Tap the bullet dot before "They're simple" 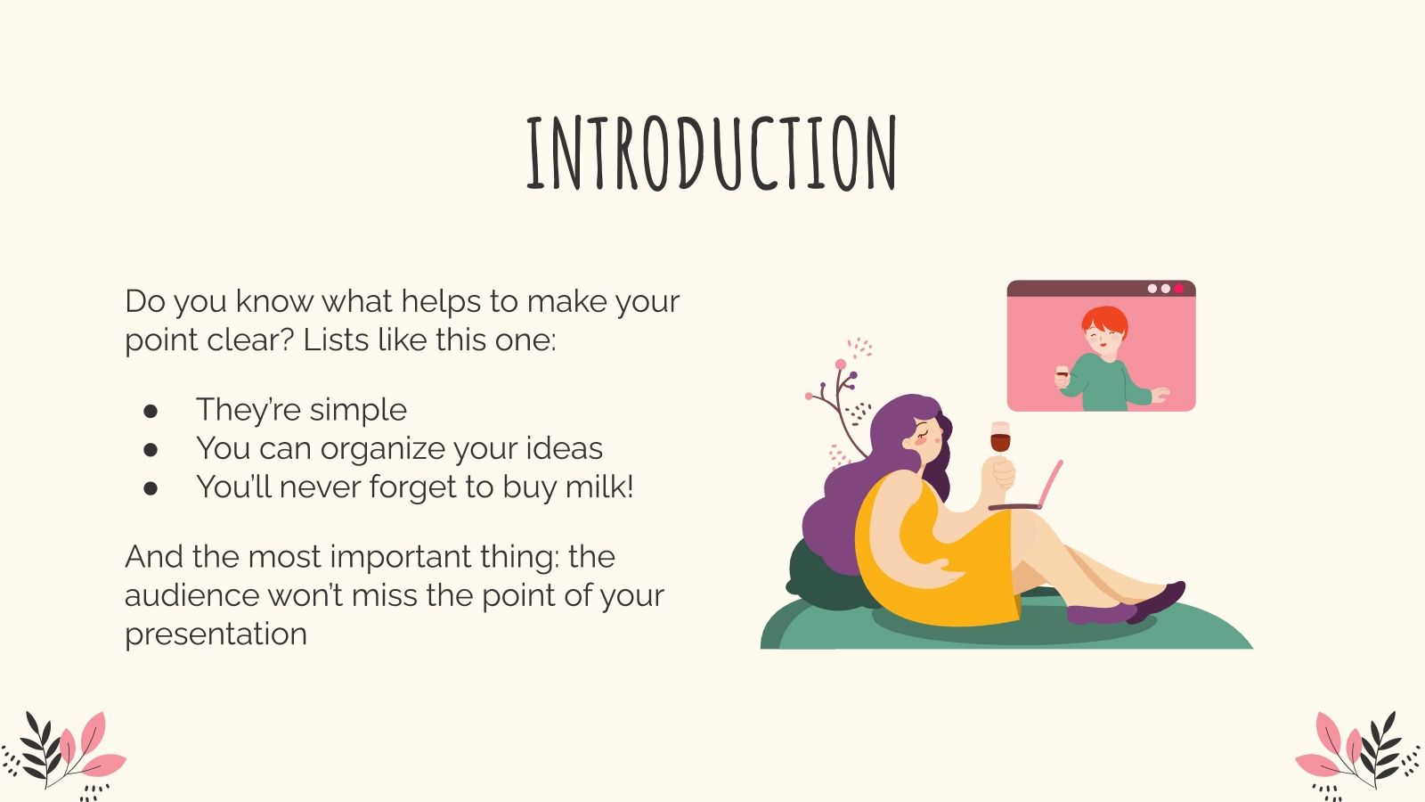(151, 410)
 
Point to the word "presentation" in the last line (216, 634)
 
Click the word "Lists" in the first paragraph (335, 340)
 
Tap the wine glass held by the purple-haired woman (1000, 440)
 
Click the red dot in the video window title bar (1179, 289)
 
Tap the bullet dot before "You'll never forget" (151, 487)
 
